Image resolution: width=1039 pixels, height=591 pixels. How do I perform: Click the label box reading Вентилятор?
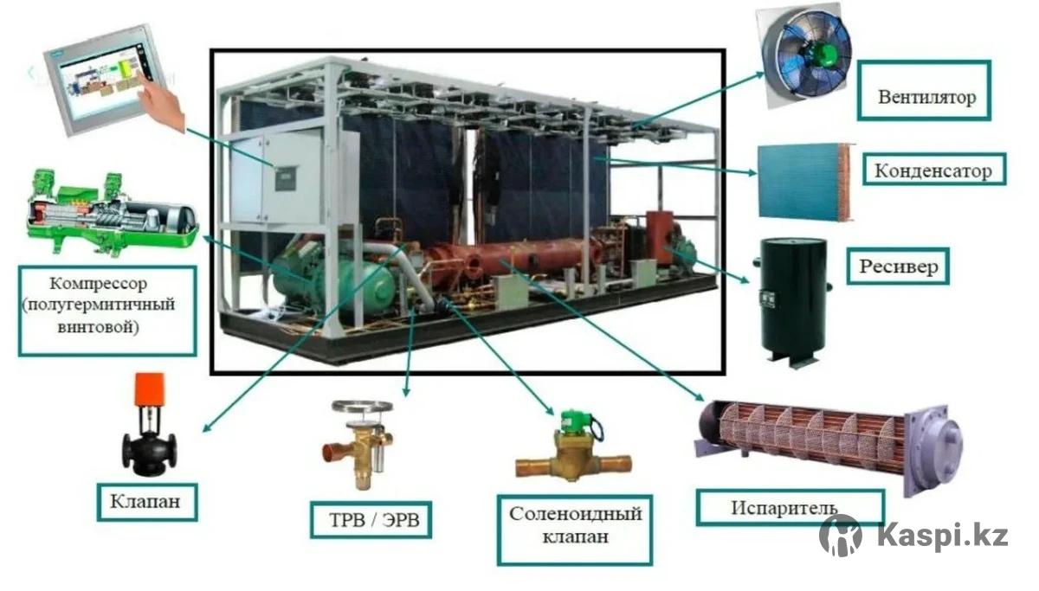point(924,90)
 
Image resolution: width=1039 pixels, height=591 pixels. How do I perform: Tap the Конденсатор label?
point(933,170)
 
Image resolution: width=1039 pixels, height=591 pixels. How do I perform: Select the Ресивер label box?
point(898,266)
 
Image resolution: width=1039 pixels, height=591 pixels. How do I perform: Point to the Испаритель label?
point(790,508)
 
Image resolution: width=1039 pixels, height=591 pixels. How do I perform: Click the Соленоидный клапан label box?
point(575,530)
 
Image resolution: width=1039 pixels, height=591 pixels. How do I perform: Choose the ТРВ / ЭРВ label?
point(371,520)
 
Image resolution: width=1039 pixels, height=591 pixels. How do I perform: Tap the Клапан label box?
point(147,502)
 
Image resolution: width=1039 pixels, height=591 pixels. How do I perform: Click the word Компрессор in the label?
point(99,283)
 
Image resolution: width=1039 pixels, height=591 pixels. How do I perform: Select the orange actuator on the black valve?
point(149,389)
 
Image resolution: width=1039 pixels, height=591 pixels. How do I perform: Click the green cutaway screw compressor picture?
point(113,213)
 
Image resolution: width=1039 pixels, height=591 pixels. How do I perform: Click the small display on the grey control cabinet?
point(285,179)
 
